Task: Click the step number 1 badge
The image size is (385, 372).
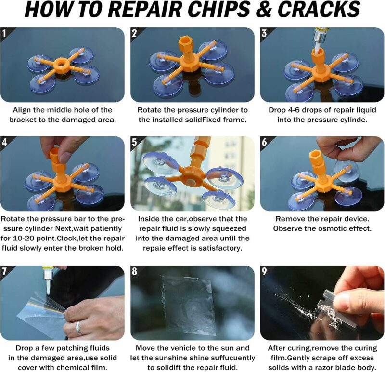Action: [4, 33]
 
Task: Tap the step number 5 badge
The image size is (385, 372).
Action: [134, 142]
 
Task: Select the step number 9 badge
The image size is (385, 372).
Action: [264, 271]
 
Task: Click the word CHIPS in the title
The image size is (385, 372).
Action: [219, 9]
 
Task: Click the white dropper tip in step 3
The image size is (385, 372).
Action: [318, 49]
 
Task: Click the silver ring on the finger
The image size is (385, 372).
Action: [78, 328]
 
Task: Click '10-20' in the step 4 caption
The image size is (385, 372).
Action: [19, 239]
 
